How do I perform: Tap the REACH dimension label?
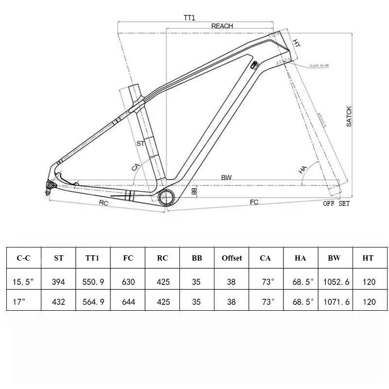pos(222,26)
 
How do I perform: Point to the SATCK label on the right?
pos(349,116)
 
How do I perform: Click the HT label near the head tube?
pos(297,43)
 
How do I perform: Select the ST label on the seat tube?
pos(141,143)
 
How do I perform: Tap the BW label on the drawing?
pos(226,178)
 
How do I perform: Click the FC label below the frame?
pos(254,202)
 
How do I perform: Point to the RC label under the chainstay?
pos(104,203)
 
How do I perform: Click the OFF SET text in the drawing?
pos(336,204)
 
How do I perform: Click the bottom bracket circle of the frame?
pos(166,197)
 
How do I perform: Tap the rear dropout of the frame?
pos(49,186)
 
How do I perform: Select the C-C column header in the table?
pos(23,258)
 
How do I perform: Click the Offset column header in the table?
pos(231,258)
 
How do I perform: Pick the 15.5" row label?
pos(23,281)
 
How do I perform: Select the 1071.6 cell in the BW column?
pos(334,302)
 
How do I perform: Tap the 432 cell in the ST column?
pos(59,302)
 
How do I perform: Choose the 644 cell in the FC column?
pos(128,302)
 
